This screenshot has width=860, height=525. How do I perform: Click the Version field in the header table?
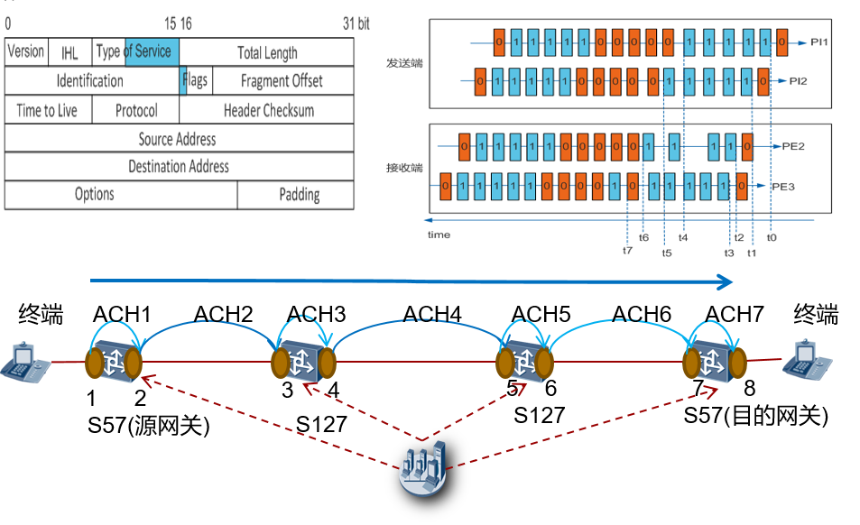(25, 51)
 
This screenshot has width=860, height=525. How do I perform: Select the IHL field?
(69, 53)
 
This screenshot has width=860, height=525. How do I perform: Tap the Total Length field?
(267, 52)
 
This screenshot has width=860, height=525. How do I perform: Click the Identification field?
(90, 80)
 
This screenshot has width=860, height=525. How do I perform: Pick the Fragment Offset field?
(282, 80)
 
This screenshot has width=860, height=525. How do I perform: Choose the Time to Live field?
(47, 110)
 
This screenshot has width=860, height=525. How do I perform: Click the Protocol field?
(136, 110)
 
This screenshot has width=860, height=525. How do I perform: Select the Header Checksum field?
(269, 110)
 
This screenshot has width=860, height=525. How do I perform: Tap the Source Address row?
(177, 139)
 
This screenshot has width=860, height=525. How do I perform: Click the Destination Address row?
(179, 166)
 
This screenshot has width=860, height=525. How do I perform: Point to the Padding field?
(299, 194)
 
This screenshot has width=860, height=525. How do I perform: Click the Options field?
(95, 194)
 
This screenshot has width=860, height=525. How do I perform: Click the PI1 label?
(818, 41)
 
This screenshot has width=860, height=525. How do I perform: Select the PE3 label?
(781, 187)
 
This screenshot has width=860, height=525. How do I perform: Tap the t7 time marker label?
(627, 251)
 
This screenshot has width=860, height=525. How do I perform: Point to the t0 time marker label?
(772, 237)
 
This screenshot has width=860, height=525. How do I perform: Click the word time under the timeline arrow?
(439, 235)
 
